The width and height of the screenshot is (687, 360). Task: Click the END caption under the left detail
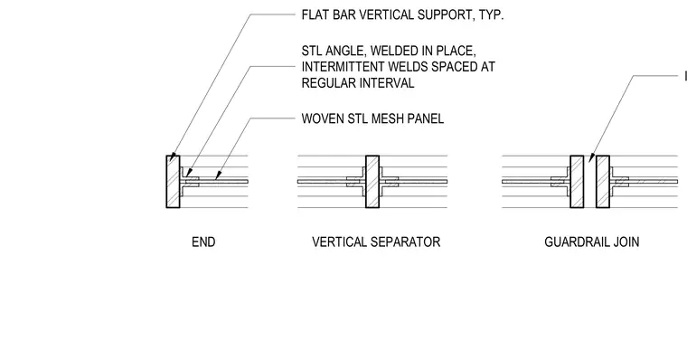pyautogui.click(x=203, y=242)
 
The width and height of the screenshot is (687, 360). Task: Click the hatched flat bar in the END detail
pyautogui.click(x=173, y=182)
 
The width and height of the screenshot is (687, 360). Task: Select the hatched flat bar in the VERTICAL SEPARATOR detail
pyautogui.click(x=372, y=182)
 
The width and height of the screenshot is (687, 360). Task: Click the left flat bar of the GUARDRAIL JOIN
pyautogui.click(x=577, y=182)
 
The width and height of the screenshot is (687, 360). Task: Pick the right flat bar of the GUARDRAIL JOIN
pyautogui.click(x=603, y=182)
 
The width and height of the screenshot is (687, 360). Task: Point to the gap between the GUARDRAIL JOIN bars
pyautogui.click(x=589, y=182)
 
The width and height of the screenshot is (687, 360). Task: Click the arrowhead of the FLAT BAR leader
pyautogui.click(x=172, y=157)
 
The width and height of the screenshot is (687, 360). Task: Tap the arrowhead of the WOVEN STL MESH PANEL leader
pyautogui.click(x=216, y=175)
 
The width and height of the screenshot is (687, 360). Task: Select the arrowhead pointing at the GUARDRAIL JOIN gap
pyautogui.click(x=591, y=157)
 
